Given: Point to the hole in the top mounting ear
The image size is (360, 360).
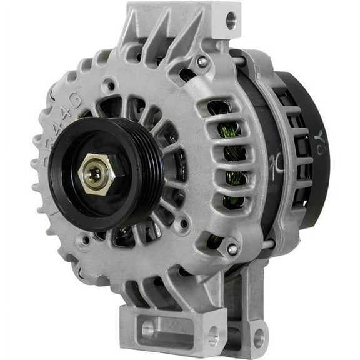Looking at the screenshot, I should coord(231,21).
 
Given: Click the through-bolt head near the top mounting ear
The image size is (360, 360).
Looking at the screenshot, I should coord(202,62).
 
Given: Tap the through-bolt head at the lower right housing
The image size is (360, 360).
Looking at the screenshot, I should coord(232,249).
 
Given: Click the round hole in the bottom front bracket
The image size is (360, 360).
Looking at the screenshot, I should coord(147,329).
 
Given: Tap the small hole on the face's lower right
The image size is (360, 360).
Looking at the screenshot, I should coord(181,222).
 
